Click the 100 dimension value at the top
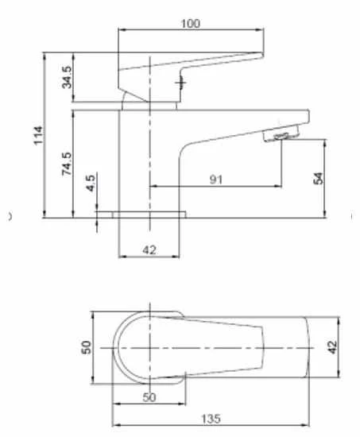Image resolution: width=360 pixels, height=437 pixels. (x=190, y=24)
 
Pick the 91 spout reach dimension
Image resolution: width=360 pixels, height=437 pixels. (x=215, y=180)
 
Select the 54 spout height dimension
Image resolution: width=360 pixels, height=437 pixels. (x=318, y=177)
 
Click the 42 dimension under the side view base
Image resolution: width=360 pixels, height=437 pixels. (x=149, y=250)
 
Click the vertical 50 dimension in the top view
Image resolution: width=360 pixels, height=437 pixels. (x=87, y=347)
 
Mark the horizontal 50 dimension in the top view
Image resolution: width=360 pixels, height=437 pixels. (x=149, y=396)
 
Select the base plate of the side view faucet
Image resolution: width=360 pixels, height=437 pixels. (x=148, y=214)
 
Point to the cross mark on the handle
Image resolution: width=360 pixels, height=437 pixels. (x=181, y=82)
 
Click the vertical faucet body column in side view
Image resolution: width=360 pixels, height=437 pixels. (x=134, y=159)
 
